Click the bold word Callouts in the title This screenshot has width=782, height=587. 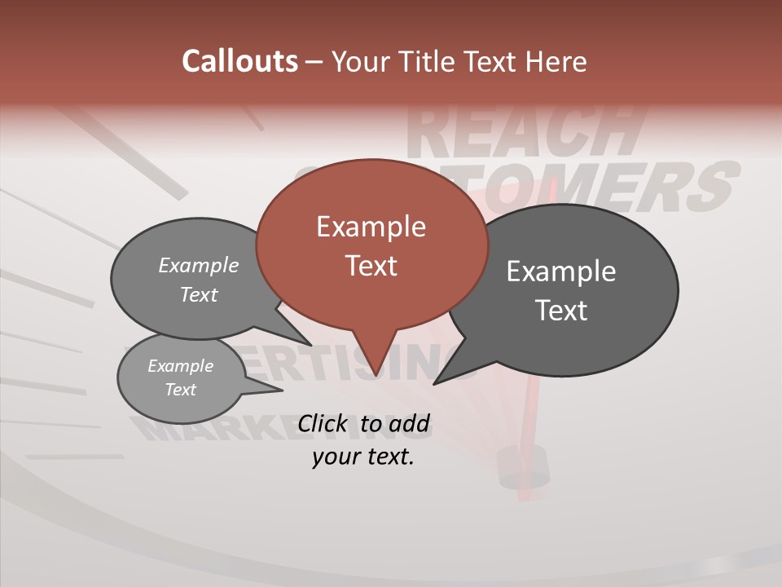(x=239, y=61)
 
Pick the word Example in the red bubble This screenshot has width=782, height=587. (x=371, y=227)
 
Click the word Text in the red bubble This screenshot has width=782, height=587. (x=371, y=266)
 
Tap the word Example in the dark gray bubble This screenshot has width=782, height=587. (x=560, y=271)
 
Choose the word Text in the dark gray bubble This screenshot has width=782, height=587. (x=561, y=311)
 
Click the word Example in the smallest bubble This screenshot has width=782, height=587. (x=181, y=366)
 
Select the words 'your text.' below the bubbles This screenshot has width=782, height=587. (x=363, y=457)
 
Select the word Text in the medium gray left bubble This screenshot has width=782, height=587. (x=199, y=294)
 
